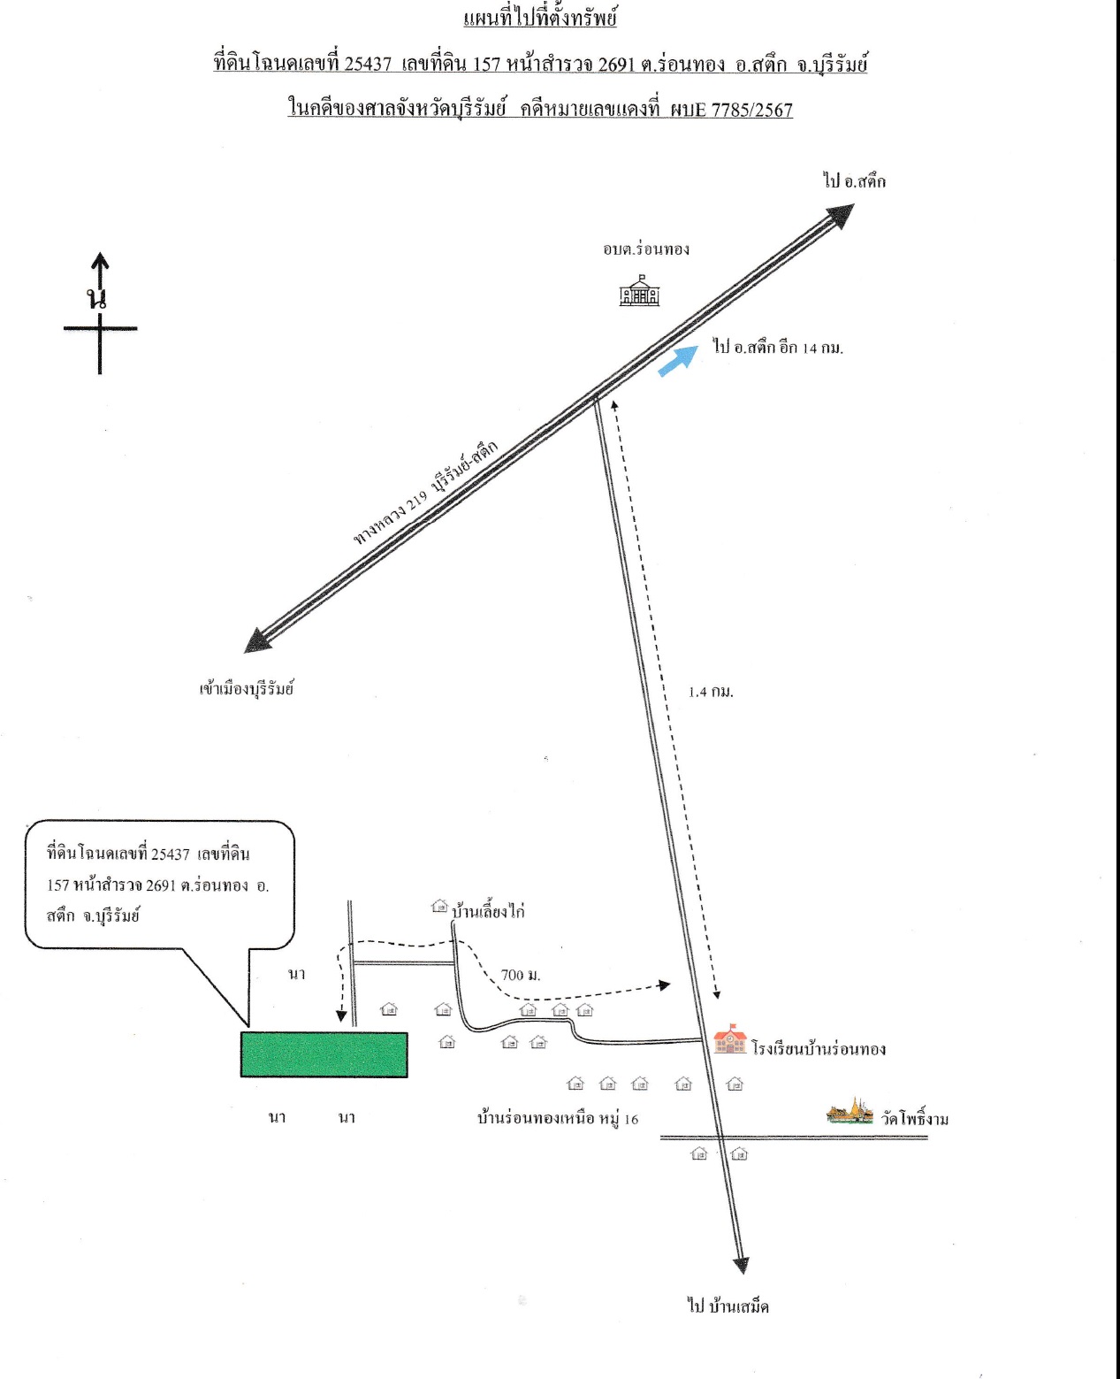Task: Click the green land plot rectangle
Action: pos(324,1054)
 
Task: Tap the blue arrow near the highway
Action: pos(678,360)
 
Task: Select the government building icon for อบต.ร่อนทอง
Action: pos(639,290)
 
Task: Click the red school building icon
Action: pos(730,1039)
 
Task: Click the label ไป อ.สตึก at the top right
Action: pos(855,181)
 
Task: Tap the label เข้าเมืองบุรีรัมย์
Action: pos(247,688)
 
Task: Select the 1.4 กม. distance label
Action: pos(711,692)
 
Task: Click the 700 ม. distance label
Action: pos(521,975)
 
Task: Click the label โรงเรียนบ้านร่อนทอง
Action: pos(819,1049)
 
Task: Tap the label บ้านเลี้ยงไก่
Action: pos(489,911)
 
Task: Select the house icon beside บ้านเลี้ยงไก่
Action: pos(440,906)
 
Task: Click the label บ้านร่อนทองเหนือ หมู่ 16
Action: pos(558,1118)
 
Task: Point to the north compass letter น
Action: pos(97,298)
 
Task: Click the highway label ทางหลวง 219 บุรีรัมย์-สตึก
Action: pos(426,493)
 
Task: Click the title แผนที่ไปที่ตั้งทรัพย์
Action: pos(540,18)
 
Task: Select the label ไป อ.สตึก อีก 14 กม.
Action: pos(779,348)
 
